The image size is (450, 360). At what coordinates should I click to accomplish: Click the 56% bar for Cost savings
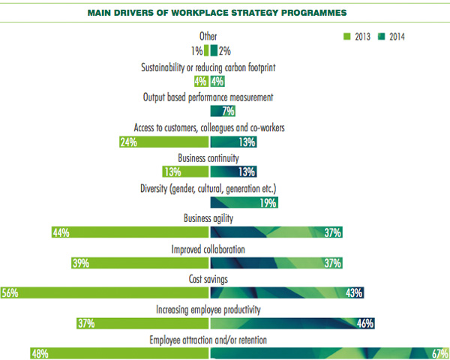pos(105,292)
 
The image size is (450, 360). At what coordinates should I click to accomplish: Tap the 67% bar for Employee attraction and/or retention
pos(330,352)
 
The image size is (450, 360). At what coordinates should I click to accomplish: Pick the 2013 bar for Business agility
pos(130,232)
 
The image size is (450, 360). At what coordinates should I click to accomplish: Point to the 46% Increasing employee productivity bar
pos(292,322)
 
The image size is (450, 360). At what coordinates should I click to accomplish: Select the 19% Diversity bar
pos(244,202)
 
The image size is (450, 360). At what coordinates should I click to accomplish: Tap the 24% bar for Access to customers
pos(163,142)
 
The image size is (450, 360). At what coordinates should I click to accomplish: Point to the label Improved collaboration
pos(209,248)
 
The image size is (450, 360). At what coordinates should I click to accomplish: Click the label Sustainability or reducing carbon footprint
pos(208,68)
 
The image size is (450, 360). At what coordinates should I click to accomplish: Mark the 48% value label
pos(40,352)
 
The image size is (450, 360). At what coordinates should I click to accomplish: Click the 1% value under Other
pos(196,51)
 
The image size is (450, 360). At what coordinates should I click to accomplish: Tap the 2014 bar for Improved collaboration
pos(277,262)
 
